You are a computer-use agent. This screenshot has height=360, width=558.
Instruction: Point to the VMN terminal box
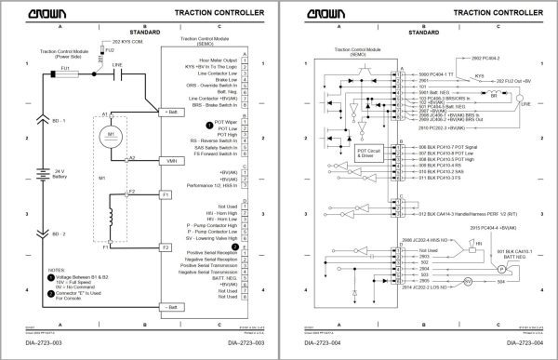(x=171, y=161)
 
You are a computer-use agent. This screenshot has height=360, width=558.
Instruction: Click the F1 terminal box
(x=165, y=196)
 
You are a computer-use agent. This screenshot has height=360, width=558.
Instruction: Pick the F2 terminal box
(x=165, y=247)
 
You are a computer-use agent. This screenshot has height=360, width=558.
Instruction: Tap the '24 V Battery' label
(x=57, y=176)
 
